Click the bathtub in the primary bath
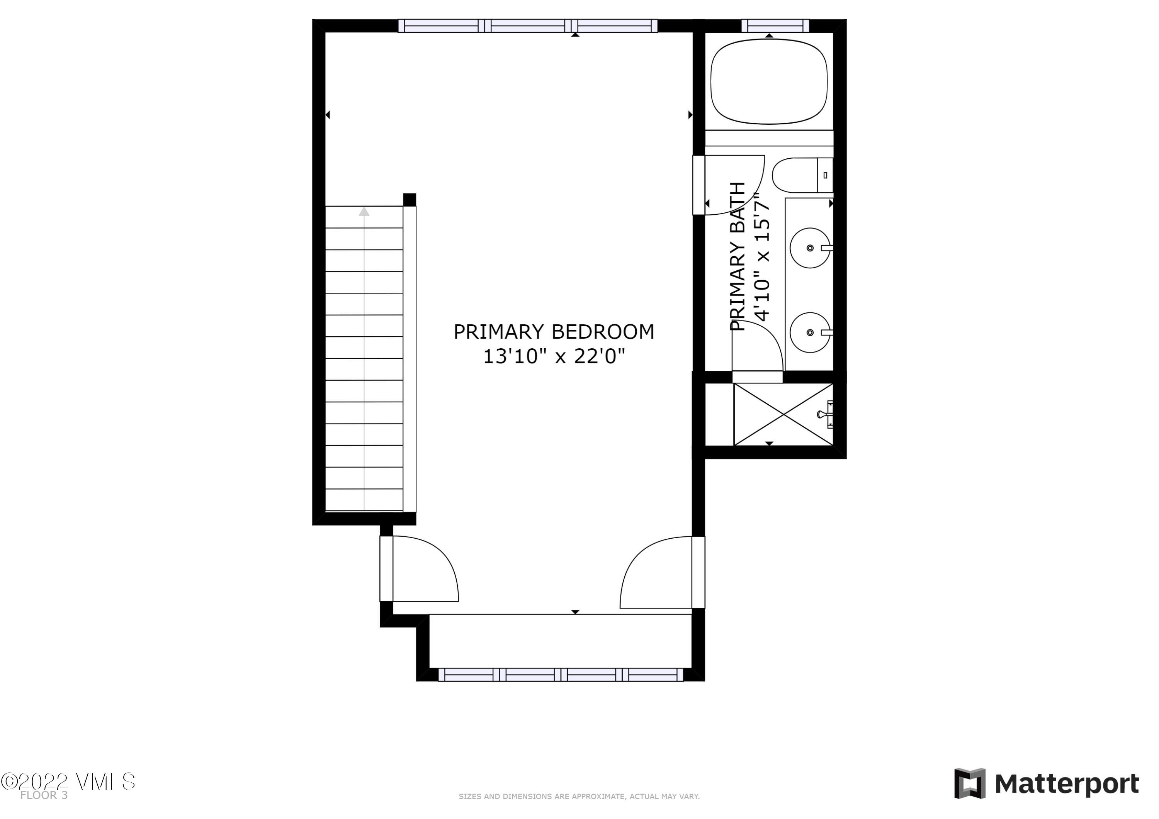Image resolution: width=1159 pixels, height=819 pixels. [x=769, y=81]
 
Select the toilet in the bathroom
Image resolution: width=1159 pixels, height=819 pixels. [x=802, y=175]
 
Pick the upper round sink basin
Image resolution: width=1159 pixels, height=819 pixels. [x=810, y=248]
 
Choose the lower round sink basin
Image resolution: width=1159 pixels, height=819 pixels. [x=810, y=332]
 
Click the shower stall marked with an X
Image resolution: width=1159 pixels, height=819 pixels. [x=783, y=414]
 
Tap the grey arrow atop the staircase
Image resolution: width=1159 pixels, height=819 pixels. [x=364, y=212]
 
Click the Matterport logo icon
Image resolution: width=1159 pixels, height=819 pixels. [x=970, y=784]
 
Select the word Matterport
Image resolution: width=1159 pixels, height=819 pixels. [x=1067, y=784]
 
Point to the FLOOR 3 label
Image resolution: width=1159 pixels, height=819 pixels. [x=44, y=796]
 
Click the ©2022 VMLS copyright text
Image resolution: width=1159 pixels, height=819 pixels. [x=68, y=782]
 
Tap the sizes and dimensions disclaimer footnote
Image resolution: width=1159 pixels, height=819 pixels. [x=579, y=797]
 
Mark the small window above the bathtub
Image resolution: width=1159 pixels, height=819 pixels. [x=775, y=26]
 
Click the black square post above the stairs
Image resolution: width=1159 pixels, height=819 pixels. [x=410, y=200]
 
